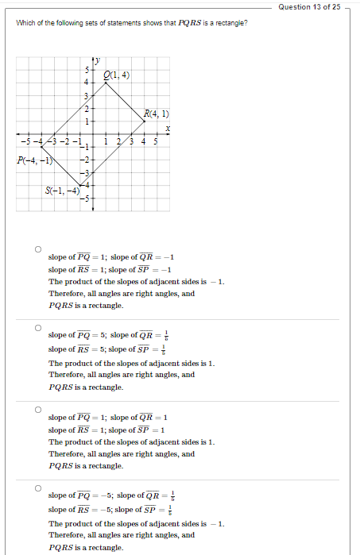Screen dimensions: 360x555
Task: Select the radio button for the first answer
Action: [37, 249]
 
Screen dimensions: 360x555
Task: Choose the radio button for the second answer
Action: [37, 327]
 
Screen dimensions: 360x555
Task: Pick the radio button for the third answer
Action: [37, 410]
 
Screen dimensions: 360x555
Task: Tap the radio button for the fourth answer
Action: [37, 488]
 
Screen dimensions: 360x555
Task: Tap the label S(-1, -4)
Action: [63, 191]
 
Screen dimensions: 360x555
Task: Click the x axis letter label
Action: [168, 128]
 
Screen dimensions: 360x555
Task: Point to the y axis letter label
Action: [98, 61]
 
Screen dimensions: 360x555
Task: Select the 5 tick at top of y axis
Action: [87, 71]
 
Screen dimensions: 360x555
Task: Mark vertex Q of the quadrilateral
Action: [106, 83]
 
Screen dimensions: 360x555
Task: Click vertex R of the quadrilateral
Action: [144, 121]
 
